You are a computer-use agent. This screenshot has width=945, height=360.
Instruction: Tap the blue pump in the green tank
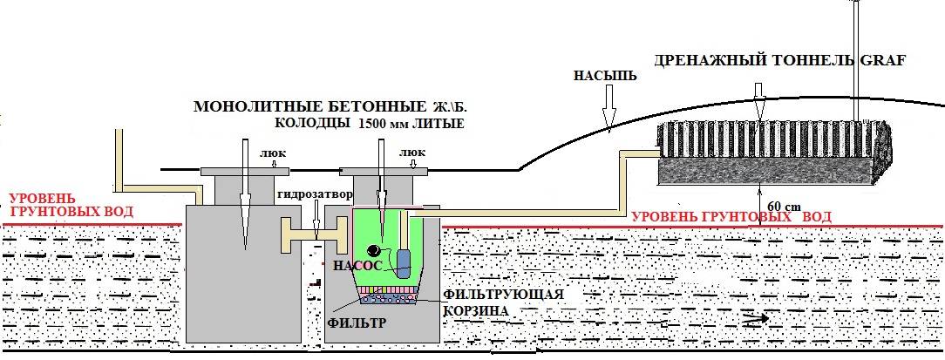point(403,263)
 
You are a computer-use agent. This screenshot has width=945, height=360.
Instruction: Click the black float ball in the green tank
point(374,248)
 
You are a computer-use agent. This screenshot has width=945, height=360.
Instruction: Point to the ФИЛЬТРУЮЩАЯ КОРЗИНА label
point(503,302)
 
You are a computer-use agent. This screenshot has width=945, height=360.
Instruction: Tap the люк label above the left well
point(269,154)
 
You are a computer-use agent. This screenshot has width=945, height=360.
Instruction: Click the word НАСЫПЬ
point(596,77)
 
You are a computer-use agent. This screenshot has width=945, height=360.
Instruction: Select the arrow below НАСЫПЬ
point(608,106)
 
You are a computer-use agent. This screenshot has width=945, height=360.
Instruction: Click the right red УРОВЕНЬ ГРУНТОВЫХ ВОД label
point(731,216)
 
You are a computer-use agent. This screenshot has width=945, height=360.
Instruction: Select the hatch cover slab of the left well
point(245,171)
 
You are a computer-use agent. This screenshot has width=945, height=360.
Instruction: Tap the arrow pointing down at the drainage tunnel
point(758,101)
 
